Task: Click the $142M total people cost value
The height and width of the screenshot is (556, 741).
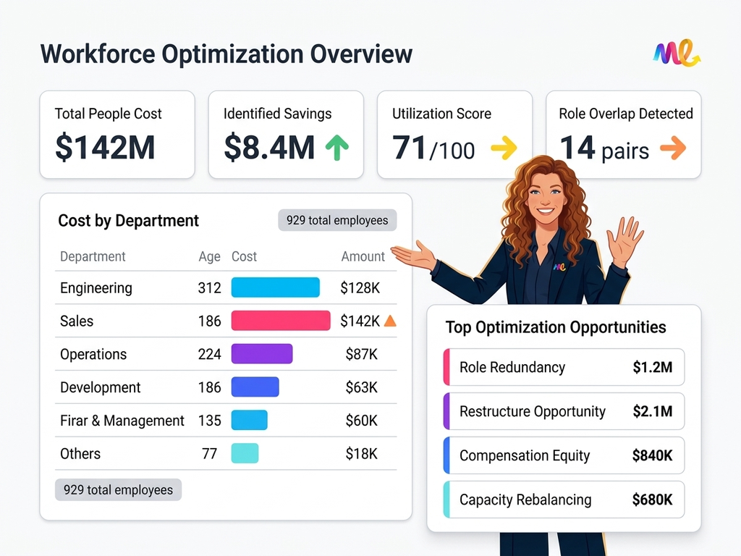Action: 105,148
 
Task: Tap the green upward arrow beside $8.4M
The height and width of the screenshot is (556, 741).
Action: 336,148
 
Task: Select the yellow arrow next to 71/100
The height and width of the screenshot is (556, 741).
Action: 504,149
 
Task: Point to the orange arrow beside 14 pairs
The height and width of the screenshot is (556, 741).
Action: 673,149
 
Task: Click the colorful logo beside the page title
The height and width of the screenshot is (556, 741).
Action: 677,54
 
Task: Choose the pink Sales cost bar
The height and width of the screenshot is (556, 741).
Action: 281,321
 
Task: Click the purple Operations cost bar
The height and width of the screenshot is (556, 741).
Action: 262,354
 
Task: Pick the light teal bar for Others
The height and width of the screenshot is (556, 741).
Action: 245,454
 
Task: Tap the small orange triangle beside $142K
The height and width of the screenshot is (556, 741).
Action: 390,321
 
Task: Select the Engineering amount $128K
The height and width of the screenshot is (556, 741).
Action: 360,288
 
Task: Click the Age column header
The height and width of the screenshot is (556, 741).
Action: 208,256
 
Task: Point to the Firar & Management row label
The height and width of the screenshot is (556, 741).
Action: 122,421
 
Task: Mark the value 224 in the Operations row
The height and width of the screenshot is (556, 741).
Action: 209,354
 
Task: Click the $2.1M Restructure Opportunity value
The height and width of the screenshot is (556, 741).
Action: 652,411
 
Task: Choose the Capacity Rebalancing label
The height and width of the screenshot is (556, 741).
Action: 525,500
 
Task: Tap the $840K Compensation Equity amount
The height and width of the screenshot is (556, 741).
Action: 652,455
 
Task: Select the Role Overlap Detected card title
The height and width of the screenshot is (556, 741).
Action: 625,114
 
